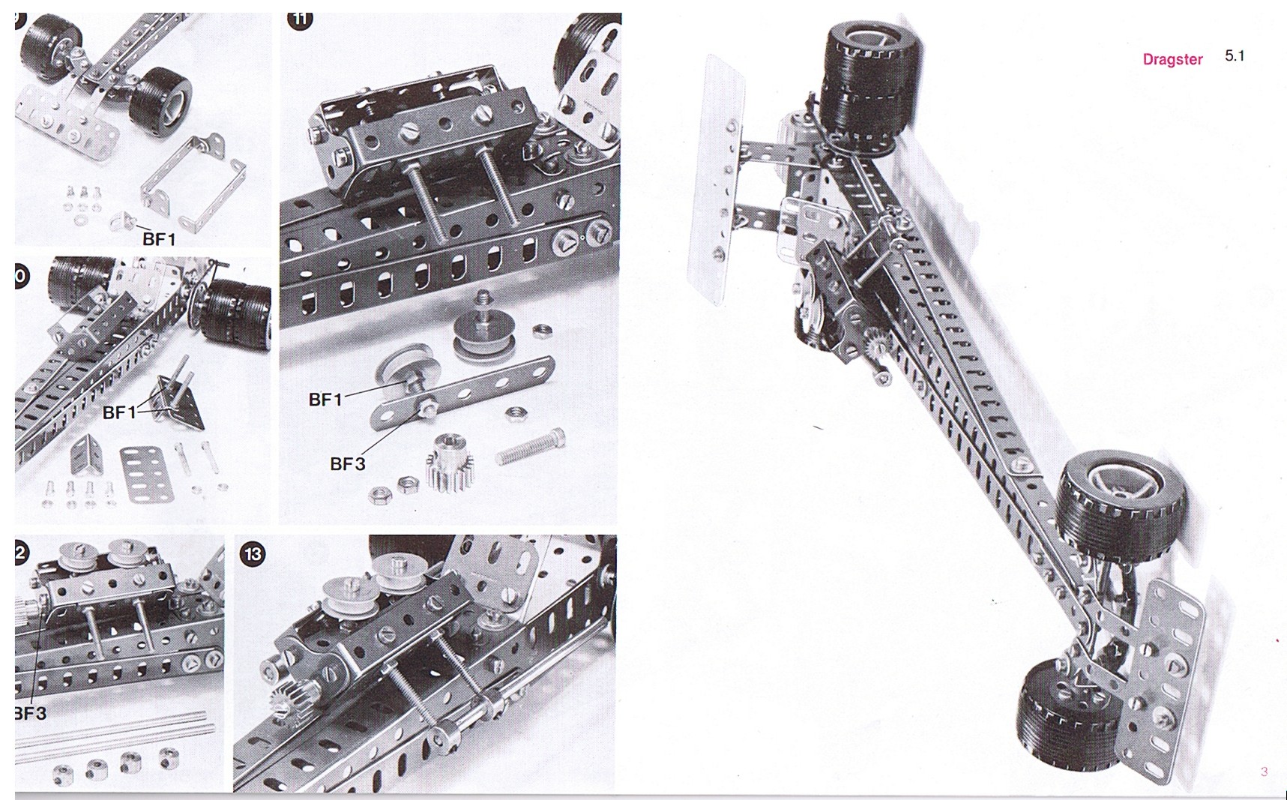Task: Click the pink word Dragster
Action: [x=1172, y=59]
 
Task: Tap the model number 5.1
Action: [x=1235, y=55]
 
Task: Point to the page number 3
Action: [x=1264, y=771]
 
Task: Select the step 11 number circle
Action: [x=300, y=19]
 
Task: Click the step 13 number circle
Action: [x=253, y=554]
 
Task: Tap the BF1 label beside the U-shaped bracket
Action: [x=158, y=239]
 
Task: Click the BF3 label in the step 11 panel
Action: [x=347, y=464]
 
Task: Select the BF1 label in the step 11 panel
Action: [x=325, y=400]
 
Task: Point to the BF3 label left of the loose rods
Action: [x=30, y=713]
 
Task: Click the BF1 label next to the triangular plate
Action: [x=119, y=412]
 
